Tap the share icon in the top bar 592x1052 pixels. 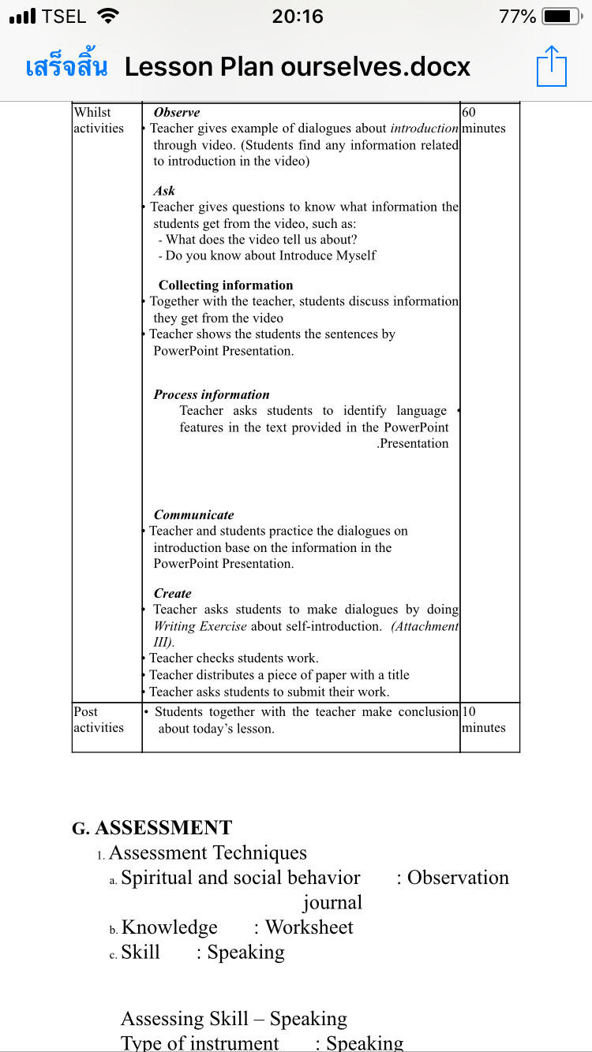pos(552,66)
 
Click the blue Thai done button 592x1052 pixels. pos(66,67)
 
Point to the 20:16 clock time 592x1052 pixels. pos(297,17)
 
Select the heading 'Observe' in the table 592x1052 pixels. pos(177,113)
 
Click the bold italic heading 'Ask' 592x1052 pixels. pos(164,191)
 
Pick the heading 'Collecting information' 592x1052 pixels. pos(226,285)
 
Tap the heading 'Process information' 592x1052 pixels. pos(212,394)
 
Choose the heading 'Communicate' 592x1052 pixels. pos(193,515)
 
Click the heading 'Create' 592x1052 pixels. pos(172,593)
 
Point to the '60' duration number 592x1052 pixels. pos(469,113)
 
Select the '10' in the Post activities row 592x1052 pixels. pos(469,711)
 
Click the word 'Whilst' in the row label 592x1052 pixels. pos(92,113)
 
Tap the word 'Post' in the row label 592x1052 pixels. pos(85,711)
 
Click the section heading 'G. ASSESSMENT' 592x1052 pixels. pos(152,827)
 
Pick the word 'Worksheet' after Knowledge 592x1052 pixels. pos(309,927)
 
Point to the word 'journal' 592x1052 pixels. pos(332,903)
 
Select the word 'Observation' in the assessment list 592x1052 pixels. pos(458,878)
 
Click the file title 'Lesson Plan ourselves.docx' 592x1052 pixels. pos(298,67)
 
